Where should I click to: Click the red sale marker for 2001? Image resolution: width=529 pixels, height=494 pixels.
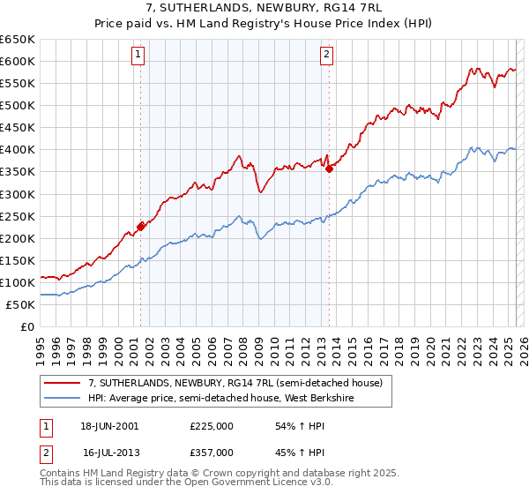pyautogui.click(x=141, y=227)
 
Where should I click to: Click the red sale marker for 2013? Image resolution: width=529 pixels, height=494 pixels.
pyautogui.click(x=329, y=168)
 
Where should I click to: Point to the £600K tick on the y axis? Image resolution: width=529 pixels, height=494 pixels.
pyautogui.click(x=18, y=61)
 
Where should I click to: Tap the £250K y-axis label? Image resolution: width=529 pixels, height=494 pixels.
pyautogui.click(x=18, y=216)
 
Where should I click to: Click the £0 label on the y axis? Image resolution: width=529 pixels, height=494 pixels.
pyautogui.click(x=27, y=327)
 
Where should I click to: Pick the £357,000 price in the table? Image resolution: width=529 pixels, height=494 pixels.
pyautogui.click(x=212, y=452)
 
